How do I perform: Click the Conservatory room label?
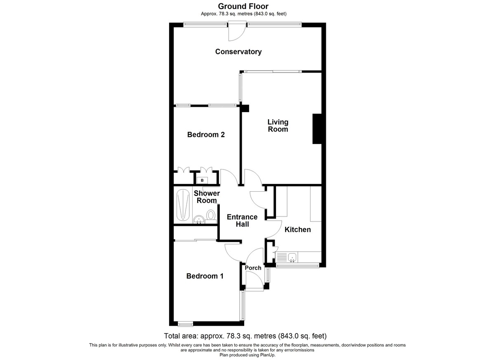click(x=238, y=52)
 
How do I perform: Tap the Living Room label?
click(x=278, y=125)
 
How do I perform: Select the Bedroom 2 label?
click(x=206, y=134)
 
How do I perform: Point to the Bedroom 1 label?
click(x=205, y=276)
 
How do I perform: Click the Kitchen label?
click(x=298, y=229)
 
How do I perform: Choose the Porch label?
click(x=253, y=268)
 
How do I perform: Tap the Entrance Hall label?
click(x=242, y=221)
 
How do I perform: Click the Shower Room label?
click(x=207, y=197)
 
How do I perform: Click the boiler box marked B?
click(x=202, y=181)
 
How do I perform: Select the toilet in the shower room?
click(x=211, y=216)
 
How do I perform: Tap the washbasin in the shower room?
click(x=199, y=219)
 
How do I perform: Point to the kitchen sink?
click(x=292, y=257)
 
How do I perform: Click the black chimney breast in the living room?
click(x=317, y=129)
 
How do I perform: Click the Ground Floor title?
click(x=243, y=6)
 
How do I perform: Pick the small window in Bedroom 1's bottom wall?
click(x=185, y=325)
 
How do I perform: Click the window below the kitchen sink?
click(x=297, y=266)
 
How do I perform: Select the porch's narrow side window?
click(x=268, y=275)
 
